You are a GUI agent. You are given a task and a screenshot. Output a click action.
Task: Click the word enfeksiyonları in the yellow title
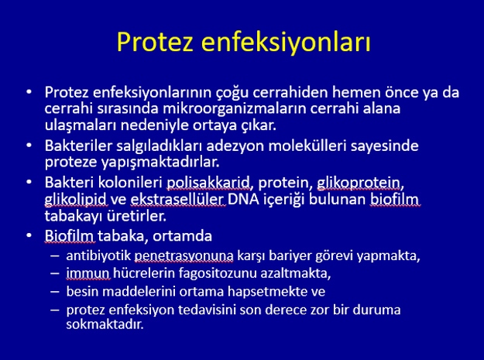coord(286,43)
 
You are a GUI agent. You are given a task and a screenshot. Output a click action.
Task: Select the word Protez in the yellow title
coord(155,42)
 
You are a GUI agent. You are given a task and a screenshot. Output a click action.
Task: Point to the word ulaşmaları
coord(81,125)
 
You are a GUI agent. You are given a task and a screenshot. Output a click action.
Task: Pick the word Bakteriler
coord(77,146)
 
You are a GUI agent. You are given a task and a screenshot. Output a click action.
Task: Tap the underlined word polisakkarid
coord(208,183)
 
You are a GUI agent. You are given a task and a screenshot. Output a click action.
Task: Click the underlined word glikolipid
coord(76,200)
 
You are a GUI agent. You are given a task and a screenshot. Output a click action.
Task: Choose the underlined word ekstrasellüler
coord(178,199)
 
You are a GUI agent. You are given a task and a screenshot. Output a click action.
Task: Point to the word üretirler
coord(137,216)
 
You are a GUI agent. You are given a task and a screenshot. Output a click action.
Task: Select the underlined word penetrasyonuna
coord(184,257)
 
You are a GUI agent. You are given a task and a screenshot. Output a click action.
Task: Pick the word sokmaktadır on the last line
coord(105,324)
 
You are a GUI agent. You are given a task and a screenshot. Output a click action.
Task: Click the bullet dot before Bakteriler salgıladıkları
coord(29,146)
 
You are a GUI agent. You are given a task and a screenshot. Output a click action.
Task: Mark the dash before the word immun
coord(55,273)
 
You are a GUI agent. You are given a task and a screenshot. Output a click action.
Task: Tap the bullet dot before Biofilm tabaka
coord(29,235)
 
